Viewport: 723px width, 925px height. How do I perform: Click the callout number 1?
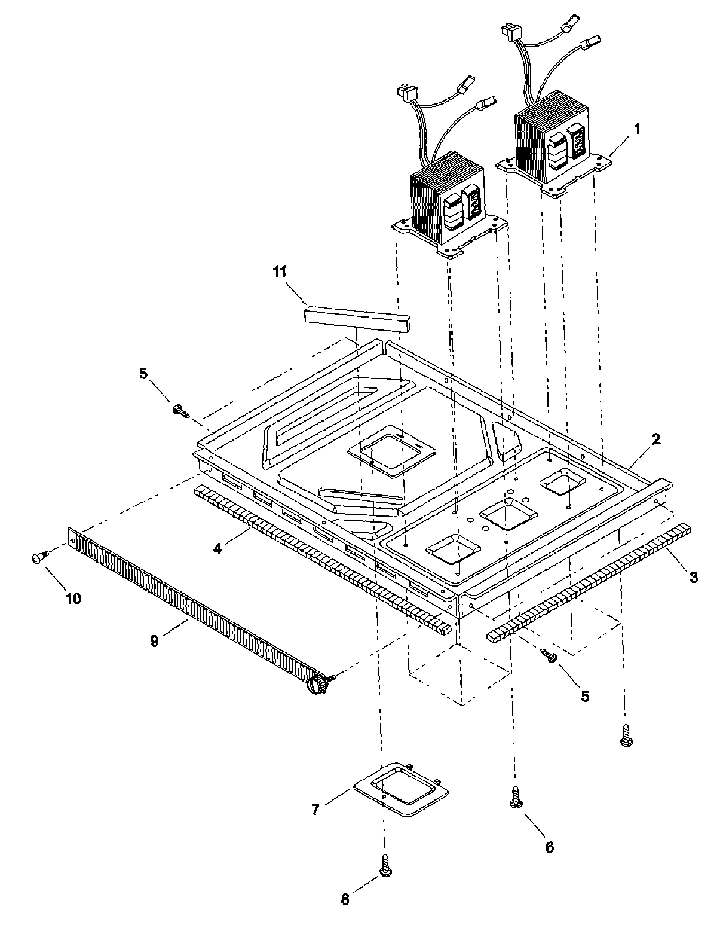coord(638,129)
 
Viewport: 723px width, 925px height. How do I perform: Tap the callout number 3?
coord(693,577)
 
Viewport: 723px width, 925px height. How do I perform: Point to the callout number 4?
coord(218,548)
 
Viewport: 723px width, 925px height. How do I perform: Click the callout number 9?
coord(154,641)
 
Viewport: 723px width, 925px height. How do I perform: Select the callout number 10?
coord(73,598)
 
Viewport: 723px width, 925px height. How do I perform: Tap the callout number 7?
coord(315,810)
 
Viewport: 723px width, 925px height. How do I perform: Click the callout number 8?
coord(345,900)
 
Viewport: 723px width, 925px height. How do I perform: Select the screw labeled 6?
coord(516,797)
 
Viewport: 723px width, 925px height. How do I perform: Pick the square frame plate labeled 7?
coord(401,789)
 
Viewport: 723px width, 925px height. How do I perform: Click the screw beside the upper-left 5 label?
coord(180,410)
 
